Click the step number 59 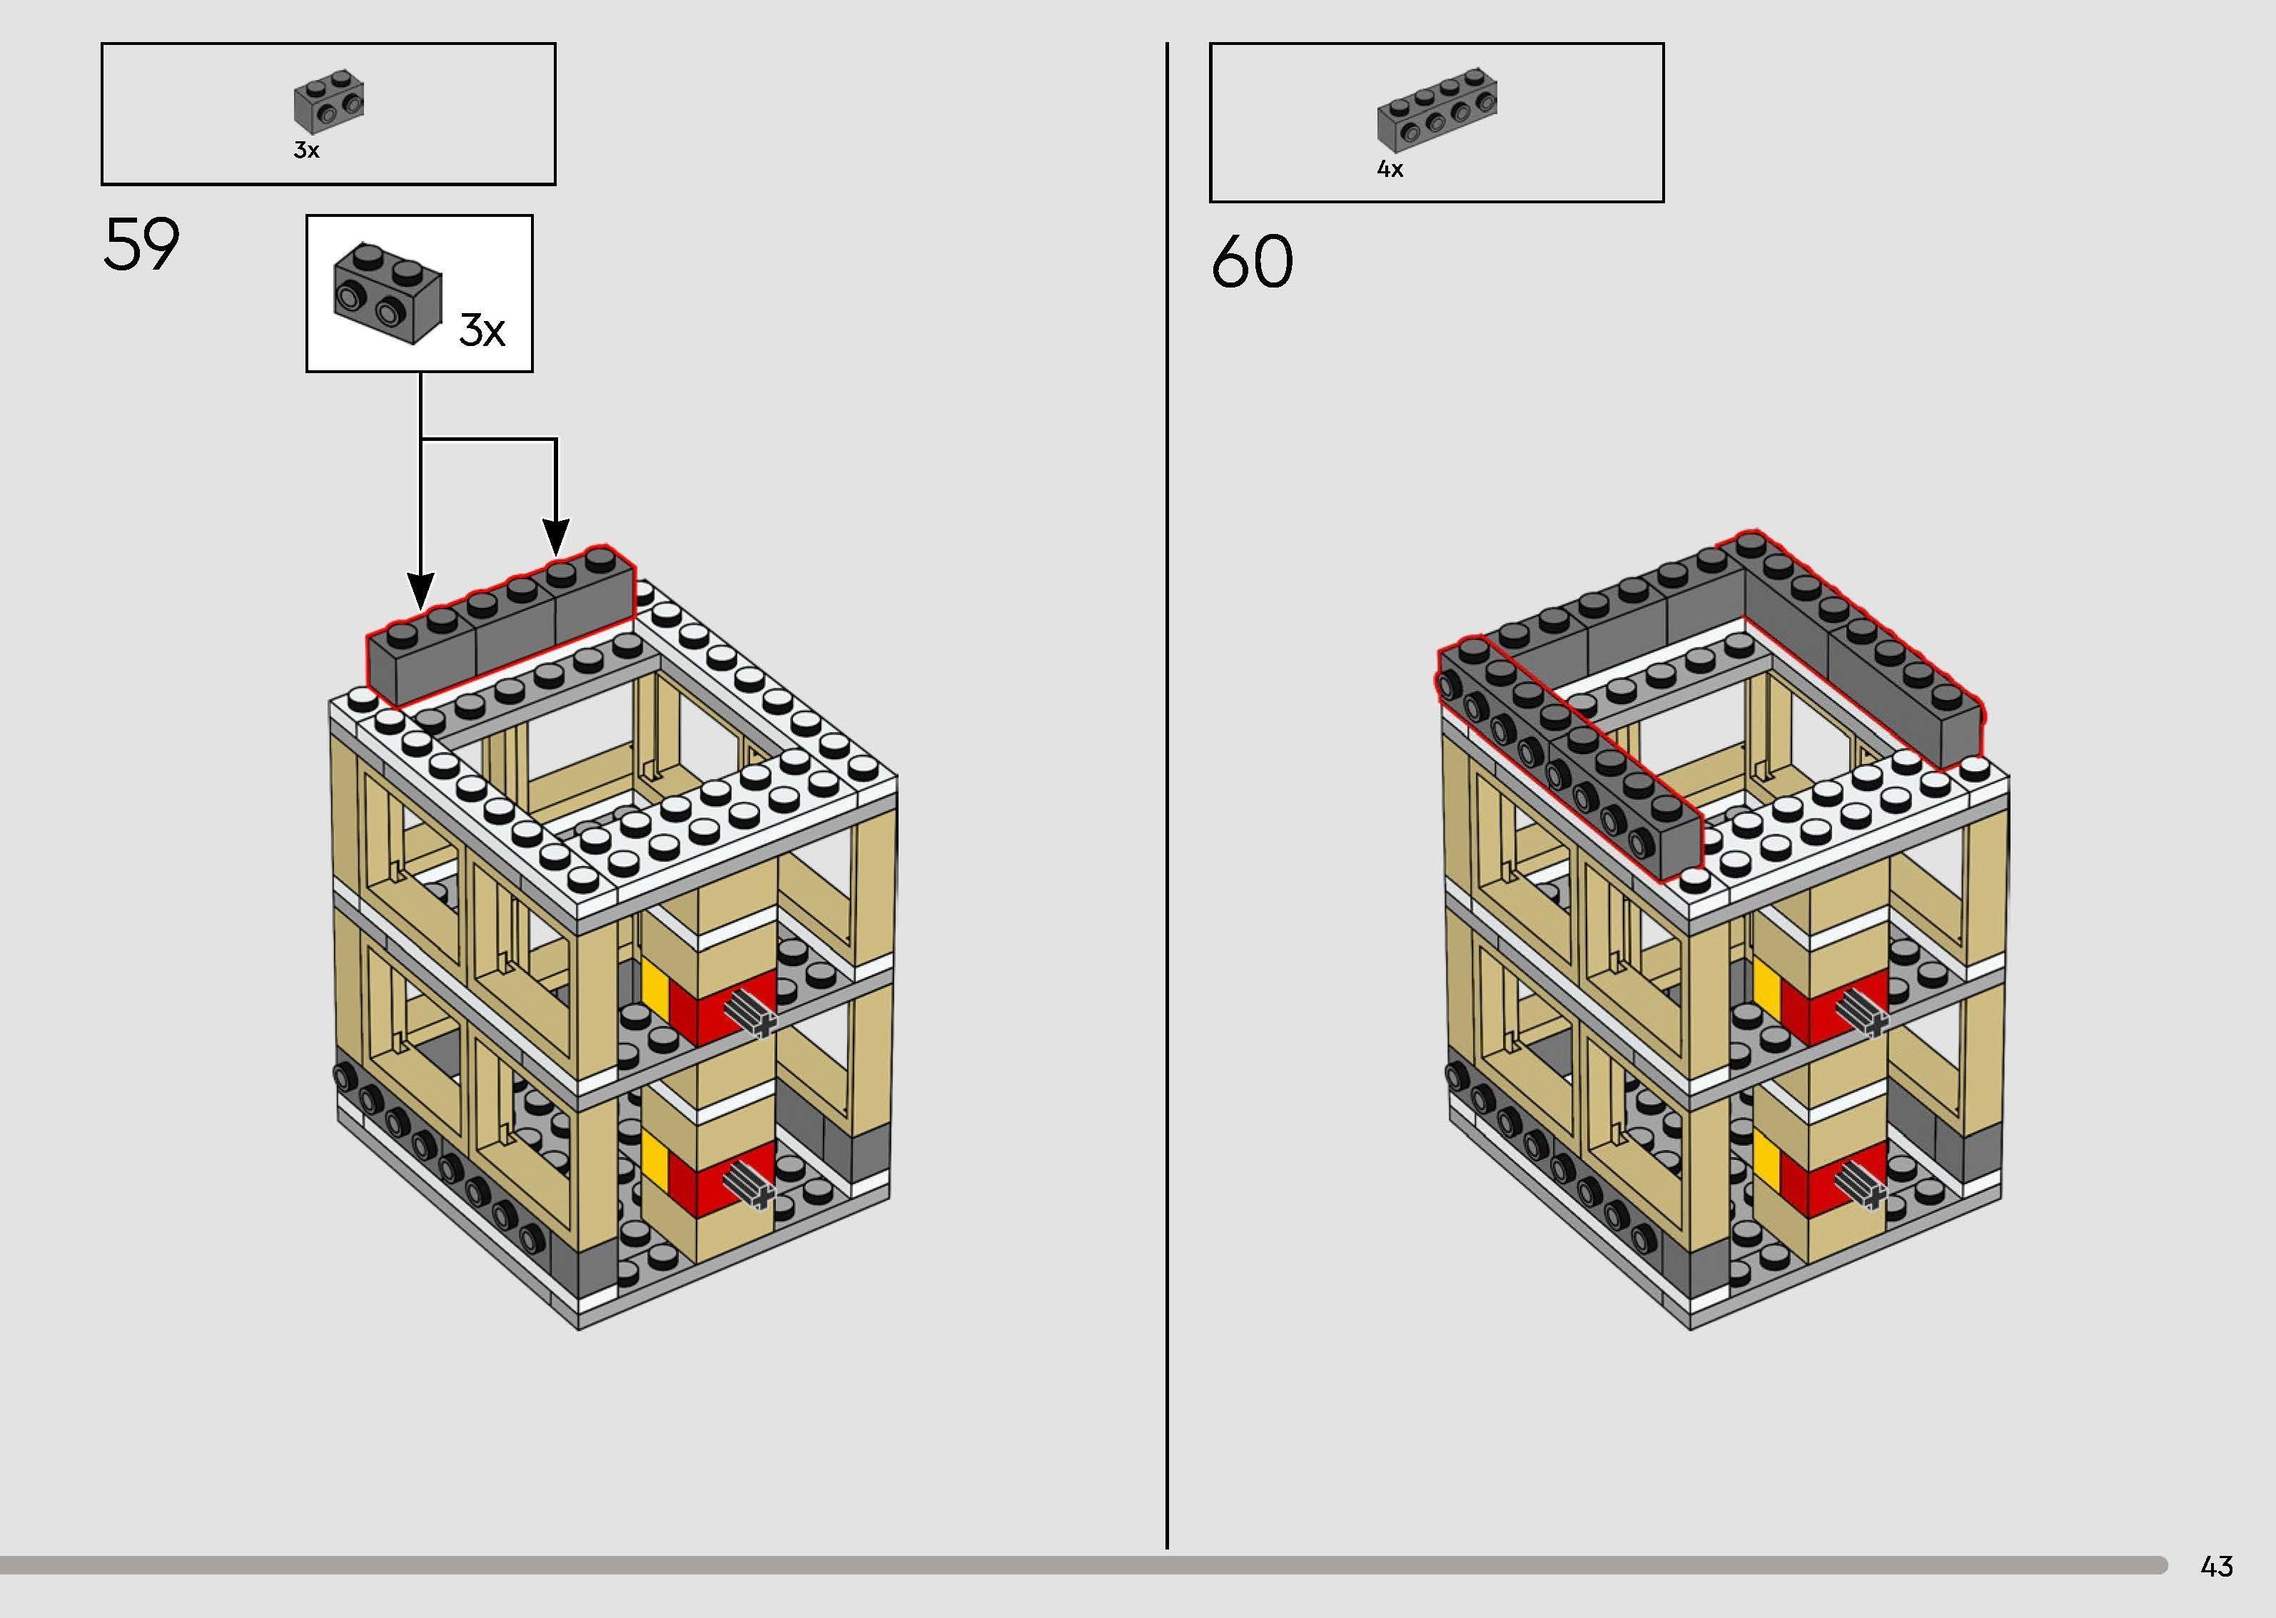coord(141,245)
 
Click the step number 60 coord(1252,262)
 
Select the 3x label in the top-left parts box coord(306,151)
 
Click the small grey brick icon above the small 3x coord(329,101)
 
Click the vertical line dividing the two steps coord(1167,797)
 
